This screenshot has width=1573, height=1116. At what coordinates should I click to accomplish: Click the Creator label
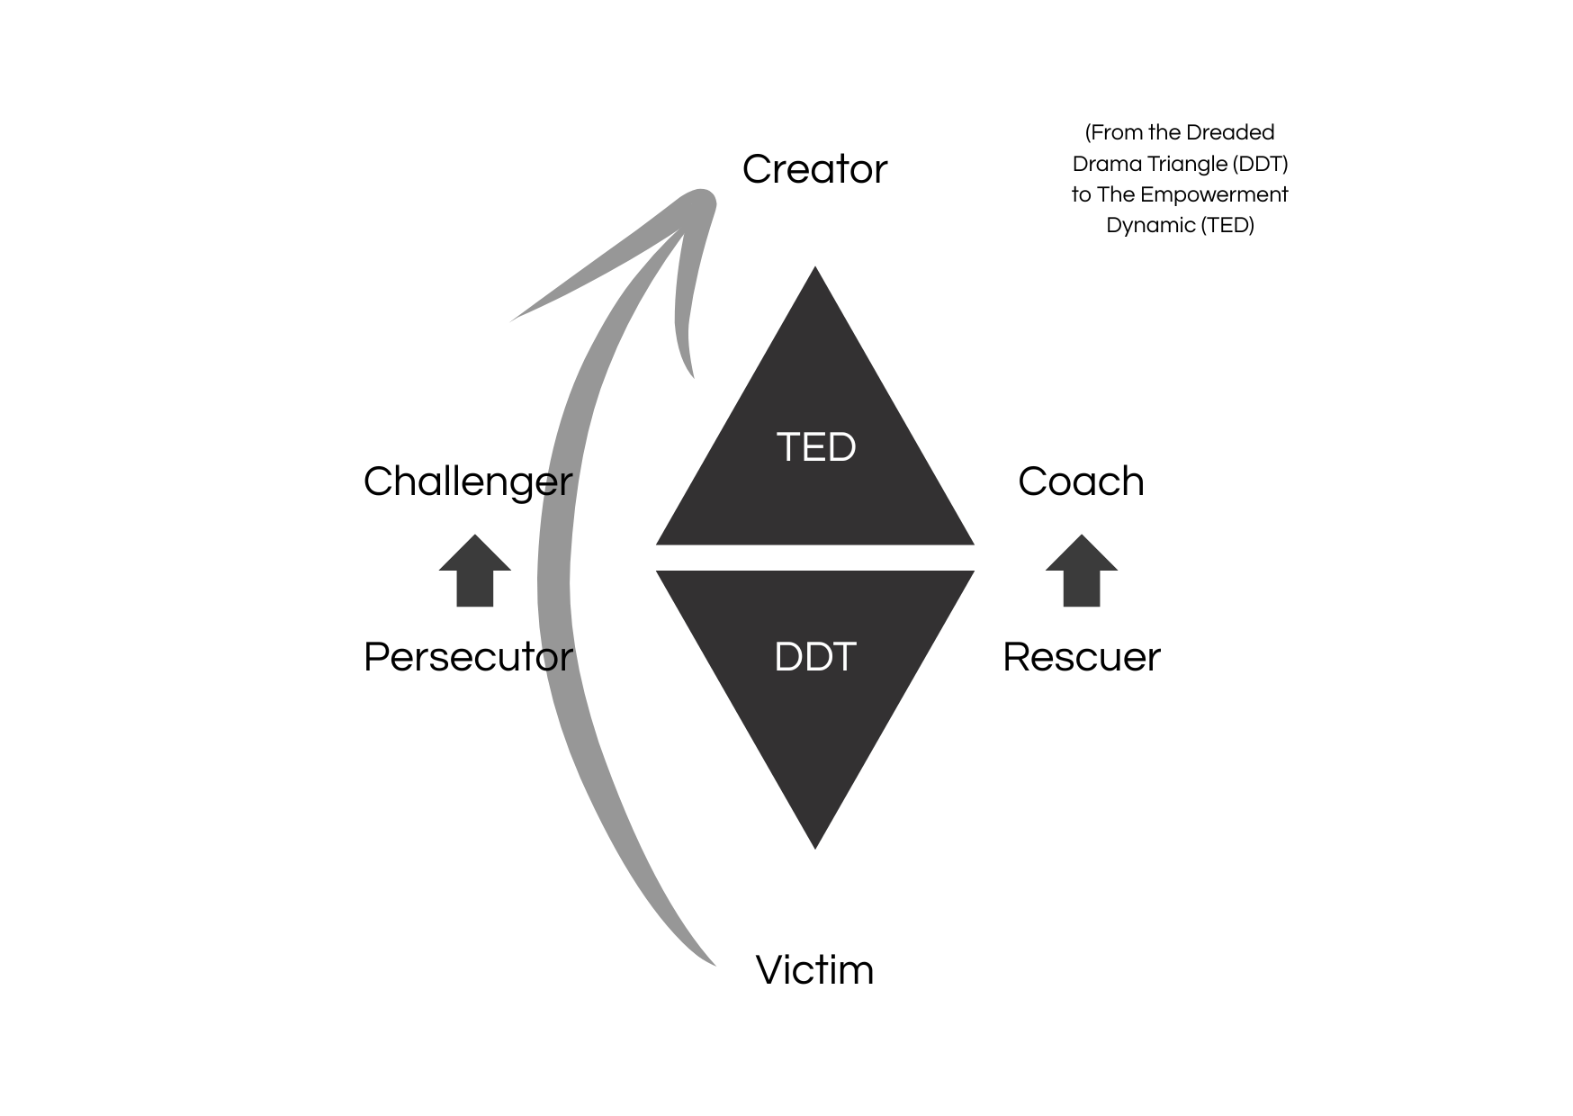(x=814, y=169)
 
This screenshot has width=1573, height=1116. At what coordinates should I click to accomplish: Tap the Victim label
(x=814, y=970)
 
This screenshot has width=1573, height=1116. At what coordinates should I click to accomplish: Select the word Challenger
(x=467, y=481)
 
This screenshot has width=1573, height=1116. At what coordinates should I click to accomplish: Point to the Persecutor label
(x=467, y=657)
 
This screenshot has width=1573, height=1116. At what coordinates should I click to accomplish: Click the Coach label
(x=1081, y=481)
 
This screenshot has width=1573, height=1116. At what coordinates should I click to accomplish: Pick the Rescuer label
(x=1081, y=657)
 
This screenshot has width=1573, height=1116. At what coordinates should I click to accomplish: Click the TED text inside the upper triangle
(x=815, y=447)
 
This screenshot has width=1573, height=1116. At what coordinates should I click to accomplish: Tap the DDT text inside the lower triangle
(x=814, y=657)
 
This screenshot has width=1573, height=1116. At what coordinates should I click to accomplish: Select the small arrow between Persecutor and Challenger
(x=475, y=571)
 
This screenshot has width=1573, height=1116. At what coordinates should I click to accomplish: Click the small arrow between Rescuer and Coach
(x=1081, y=571)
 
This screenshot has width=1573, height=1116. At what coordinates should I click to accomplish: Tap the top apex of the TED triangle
(x=815, y=271)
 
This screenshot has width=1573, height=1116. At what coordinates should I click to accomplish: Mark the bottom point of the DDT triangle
(x=815, y=845)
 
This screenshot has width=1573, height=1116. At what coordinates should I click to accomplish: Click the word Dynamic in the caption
(x=1149, y=225)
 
